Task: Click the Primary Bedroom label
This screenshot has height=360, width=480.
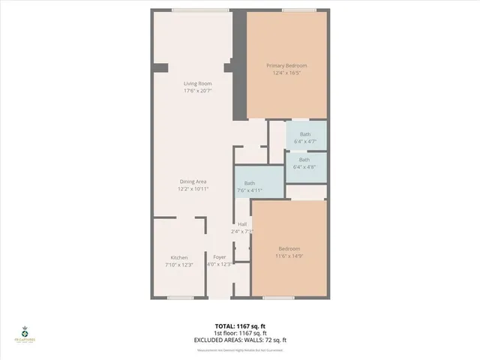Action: [x=286, y=66]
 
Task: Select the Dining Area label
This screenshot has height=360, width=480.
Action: [x=193, y=181]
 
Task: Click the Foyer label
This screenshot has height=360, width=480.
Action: [x=220, y=257]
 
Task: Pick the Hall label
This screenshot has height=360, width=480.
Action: [x=242, y=224]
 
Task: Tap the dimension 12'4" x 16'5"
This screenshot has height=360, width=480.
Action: [x=286, y=73]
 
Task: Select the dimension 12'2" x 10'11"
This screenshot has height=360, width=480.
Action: [x=193, y=189]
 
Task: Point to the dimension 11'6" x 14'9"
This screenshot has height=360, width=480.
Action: [x=289, y=256]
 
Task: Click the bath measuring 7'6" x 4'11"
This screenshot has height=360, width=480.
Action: [x=250, y=187]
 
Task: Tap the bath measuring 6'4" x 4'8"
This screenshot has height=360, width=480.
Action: [x=304, y=163]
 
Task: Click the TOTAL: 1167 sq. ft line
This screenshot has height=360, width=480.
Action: [x=240, y=325]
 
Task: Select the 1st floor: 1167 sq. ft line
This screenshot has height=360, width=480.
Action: [x=240, y=333]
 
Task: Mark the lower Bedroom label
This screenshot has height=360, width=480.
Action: [x=289, y=249]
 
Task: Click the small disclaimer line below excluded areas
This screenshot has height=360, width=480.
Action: [x=240, y=348]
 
